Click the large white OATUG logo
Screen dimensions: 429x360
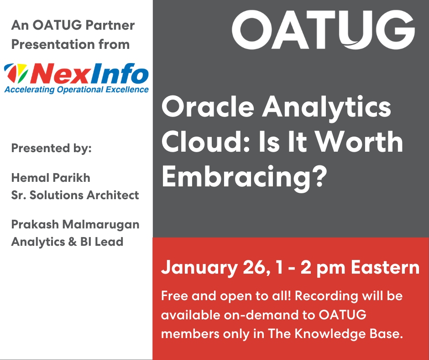tap(324, 30)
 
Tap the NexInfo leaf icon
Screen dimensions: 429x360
tap(16, 73)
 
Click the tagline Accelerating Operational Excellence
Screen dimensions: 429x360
tap(77, 90)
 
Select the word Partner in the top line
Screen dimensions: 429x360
tap(110, 25)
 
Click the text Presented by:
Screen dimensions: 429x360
tap(52, 148)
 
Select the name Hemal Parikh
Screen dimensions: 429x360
tap(51, 178)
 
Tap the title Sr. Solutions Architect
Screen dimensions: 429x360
tap(75, 195)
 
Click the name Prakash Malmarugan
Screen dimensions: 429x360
tap(75, 224)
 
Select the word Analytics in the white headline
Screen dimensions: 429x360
tap(327, 108)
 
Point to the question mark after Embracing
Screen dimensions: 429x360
tap(320, 176)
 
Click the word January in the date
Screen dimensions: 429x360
tap(199, 267)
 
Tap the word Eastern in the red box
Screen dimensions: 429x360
tap(385, 267)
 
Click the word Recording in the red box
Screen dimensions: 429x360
tap(326, 296)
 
